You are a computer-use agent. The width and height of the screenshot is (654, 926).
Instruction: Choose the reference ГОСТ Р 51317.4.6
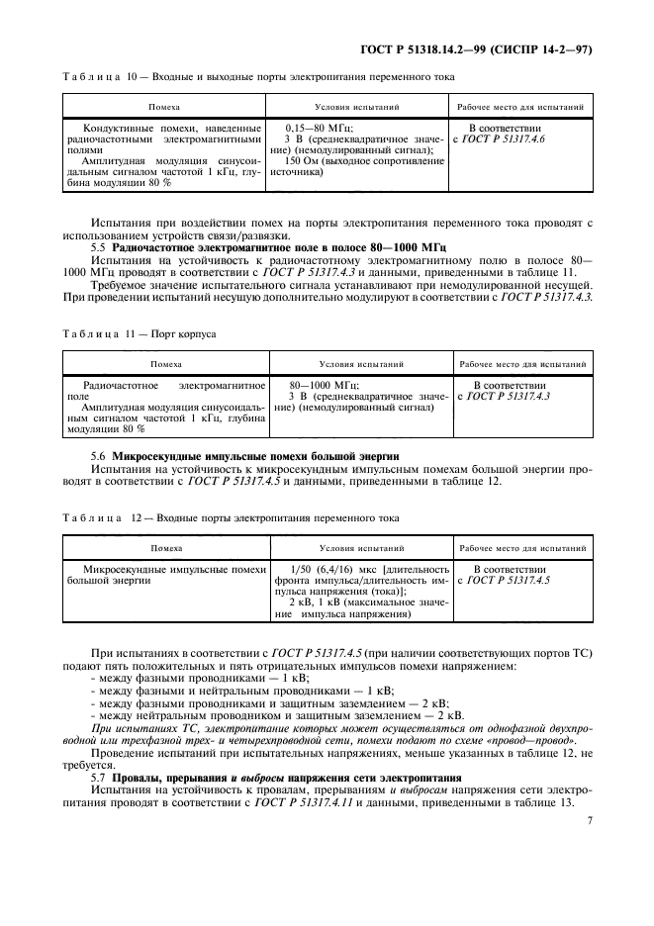(523, 139)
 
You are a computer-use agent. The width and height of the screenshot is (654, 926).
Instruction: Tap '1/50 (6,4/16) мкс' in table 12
(327, 569)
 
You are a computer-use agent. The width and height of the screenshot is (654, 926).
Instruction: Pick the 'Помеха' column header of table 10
(165, 106)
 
